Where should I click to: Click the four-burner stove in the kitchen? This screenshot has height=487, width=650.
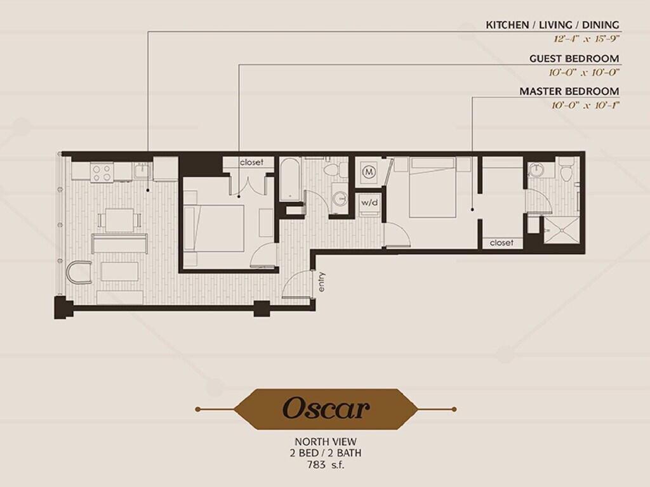pos(102,172)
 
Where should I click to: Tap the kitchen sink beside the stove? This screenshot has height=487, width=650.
pos(142,171)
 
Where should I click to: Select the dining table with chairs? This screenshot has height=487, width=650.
pos(119,220)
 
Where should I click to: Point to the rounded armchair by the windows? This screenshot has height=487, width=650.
pos(79,272)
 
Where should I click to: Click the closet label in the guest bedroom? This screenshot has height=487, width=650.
pos(251,162)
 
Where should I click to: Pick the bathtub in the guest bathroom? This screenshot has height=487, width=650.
pos(290,180)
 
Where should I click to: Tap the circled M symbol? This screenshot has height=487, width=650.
pos(369,171)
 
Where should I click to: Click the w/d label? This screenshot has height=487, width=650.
pos(369,202)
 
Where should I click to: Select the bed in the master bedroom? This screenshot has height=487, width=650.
pos(432,187)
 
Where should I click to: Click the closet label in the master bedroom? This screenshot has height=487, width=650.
pos(501,243)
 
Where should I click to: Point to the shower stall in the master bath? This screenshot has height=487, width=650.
pos(561,230)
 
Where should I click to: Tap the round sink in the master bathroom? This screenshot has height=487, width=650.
pos(537,169)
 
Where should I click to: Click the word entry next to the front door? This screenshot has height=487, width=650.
pos(322,282)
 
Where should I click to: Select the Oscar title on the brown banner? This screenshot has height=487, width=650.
pos(326,408)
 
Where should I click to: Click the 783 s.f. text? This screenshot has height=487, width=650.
pos(326,465)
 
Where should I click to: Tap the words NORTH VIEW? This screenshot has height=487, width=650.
pos(326,442)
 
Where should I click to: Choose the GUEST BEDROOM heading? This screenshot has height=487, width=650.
pos(574,58)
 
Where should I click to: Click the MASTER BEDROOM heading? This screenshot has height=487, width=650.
pos(569,91)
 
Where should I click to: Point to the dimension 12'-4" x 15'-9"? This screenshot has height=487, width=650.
pos(586,39)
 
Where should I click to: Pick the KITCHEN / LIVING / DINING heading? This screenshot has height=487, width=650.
pos(553,25)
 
